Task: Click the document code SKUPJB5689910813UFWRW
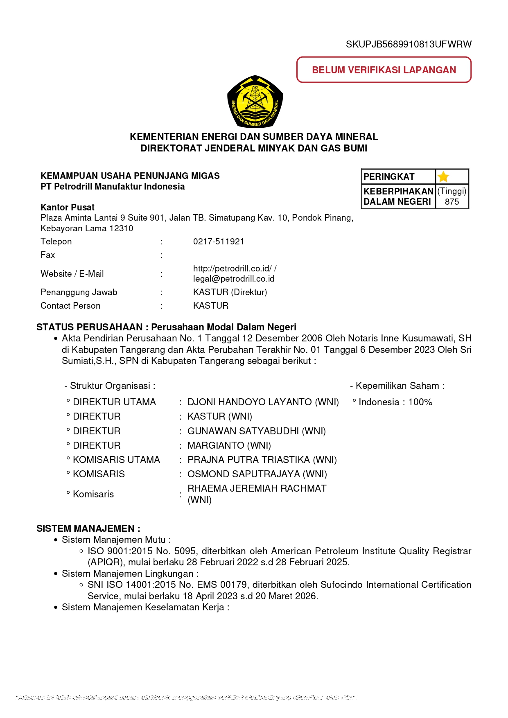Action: (409, 44)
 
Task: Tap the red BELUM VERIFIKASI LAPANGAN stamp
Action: (384, 70)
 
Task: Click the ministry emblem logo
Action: (255, 102)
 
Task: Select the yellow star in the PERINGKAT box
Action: (443, 177)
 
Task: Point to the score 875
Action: (452, 202)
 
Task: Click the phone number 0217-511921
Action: (219, 242)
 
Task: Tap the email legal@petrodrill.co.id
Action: (234, 279)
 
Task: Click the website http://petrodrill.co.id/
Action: (232, 269)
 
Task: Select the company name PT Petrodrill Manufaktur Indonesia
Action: (113, 187)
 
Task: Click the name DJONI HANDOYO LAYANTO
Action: (250, 402)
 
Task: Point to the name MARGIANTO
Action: (216, 445)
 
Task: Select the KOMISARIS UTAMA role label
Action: (116, 460)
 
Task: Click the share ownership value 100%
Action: (420, 402)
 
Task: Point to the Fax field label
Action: (47, 255)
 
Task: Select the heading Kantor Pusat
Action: (68, 207)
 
